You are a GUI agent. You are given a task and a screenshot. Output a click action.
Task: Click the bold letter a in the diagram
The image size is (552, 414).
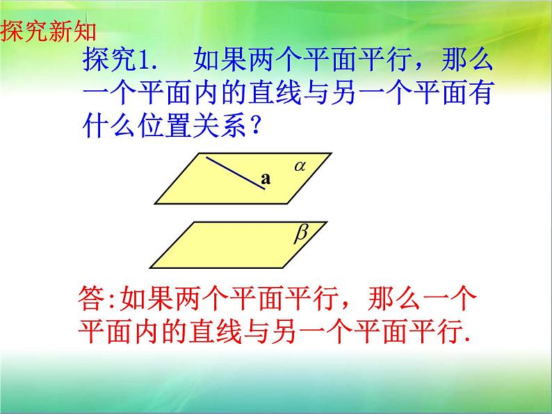click(x=265, y=179)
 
